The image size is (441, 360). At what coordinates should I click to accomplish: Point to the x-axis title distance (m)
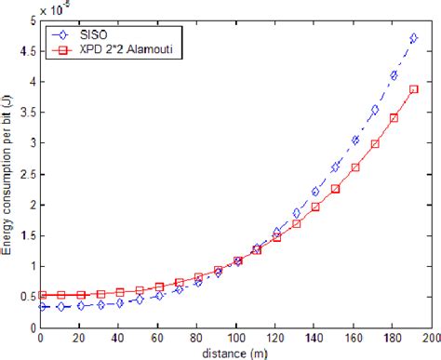237,352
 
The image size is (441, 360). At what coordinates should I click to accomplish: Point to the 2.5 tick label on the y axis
28,172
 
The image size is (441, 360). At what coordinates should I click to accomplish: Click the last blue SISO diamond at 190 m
413,38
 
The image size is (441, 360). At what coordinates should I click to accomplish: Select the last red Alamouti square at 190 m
413,89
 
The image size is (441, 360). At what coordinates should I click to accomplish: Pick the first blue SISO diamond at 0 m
42,306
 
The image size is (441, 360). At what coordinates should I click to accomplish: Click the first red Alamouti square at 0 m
42,294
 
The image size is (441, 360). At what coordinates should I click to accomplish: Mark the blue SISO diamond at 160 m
354,140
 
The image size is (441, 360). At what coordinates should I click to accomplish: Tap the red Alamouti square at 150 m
335,188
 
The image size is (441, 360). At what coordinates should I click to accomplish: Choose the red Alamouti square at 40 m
120,292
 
